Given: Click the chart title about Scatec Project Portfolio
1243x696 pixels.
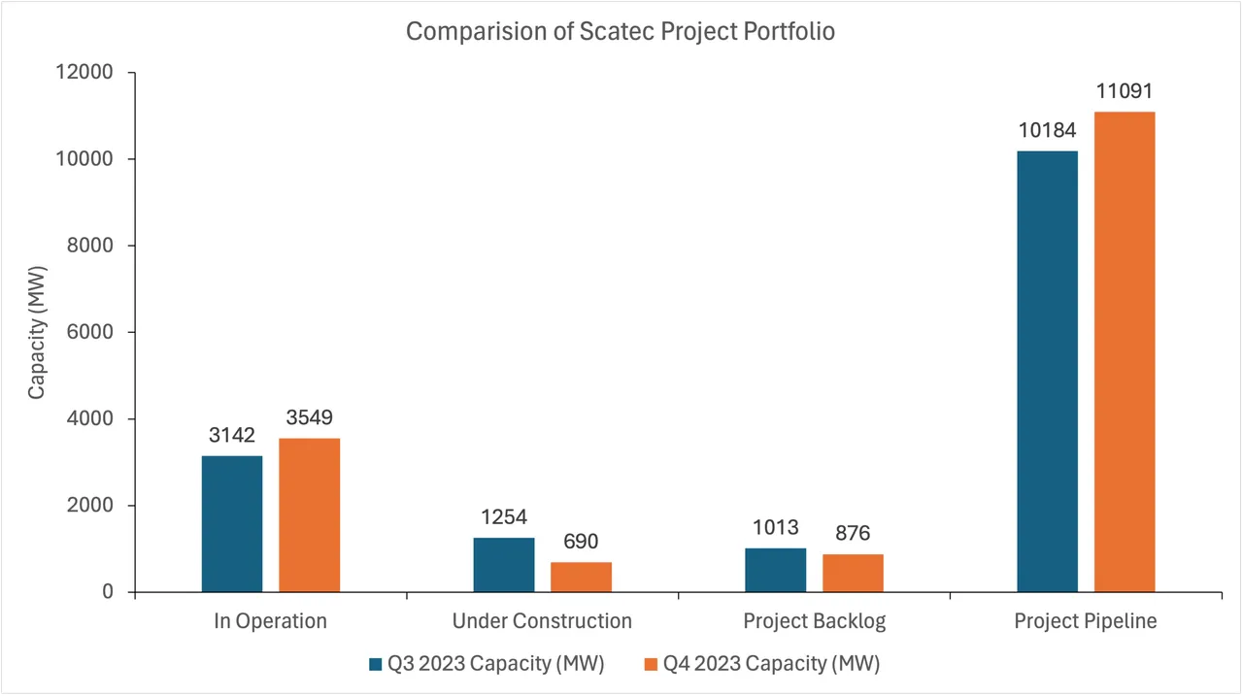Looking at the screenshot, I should coord(621,32).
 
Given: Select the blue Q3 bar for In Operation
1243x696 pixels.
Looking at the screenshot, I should coord(232,524).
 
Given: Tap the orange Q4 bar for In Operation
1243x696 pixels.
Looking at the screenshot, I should coord(309,515).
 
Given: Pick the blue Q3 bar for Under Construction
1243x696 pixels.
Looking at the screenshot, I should coord(503,565).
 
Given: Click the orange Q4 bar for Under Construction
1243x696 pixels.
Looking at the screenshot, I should coord(581,578).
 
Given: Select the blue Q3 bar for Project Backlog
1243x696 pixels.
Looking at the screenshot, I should coord(775,571).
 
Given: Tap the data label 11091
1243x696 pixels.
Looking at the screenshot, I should coord(1125,92).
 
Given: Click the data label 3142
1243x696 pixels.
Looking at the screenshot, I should coord(232,436).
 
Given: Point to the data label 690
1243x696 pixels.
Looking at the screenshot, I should coord(581,542).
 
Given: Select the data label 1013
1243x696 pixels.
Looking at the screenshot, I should coord(775,528).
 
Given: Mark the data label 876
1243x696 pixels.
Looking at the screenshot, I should coord(853,534).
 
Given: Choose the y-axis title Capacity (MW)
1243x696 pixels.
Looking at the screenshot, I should coord(37,332).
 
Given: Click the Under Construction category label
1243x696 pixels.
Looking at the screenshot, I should coord(542,621).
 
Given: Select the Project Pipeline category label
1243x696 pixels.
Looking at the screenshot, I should coord(1086,621).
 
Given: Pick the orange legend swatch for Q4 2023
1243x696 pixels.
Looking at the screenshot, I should coord(651,665).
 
